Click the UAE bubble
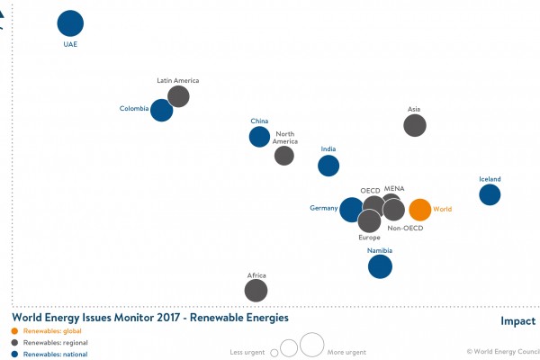[70, 24]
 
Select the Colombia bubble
[161, 110]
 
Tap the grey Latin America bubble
[178, 96]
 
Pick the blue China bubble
[259, 137]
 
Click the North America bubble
[284, 156]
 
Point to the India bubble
[328, 166]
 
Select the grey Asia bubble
[414, 126]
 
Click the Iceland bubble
[490, 194]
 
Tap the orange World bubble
[419, 210]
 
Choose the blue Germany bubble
[351, 210]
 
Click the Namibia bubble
[381, 266]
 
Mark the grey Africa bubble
[256, 290]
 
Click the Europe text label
[369, 238]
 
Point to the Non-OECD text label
[405, 229]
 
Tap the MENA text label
[394, 189]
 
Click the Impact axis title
[517, 321]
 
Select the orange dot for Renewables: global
[13, 331]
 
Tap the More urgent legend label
[346, 351]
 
